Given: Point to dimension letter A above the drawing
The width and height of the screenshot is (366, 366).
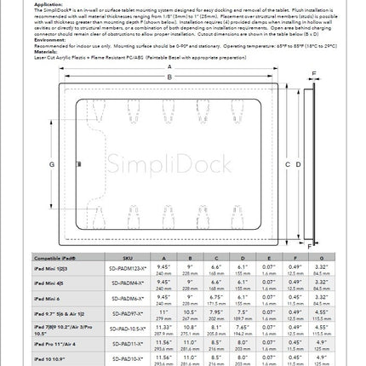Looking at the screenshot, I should pyautogui.click(x=169, y=68).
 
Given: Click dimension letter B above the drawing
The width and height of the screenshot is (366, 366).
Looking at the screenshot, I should pyautogui.click(x=169, y=77).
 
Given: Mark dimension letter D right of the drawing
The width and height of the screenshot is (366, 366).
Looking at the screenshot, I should pyautogui.click(x=288, y=163).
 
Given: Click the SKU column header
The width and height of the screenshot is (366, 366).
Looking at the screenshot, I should pyautogui.click(x=129, y=256).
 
